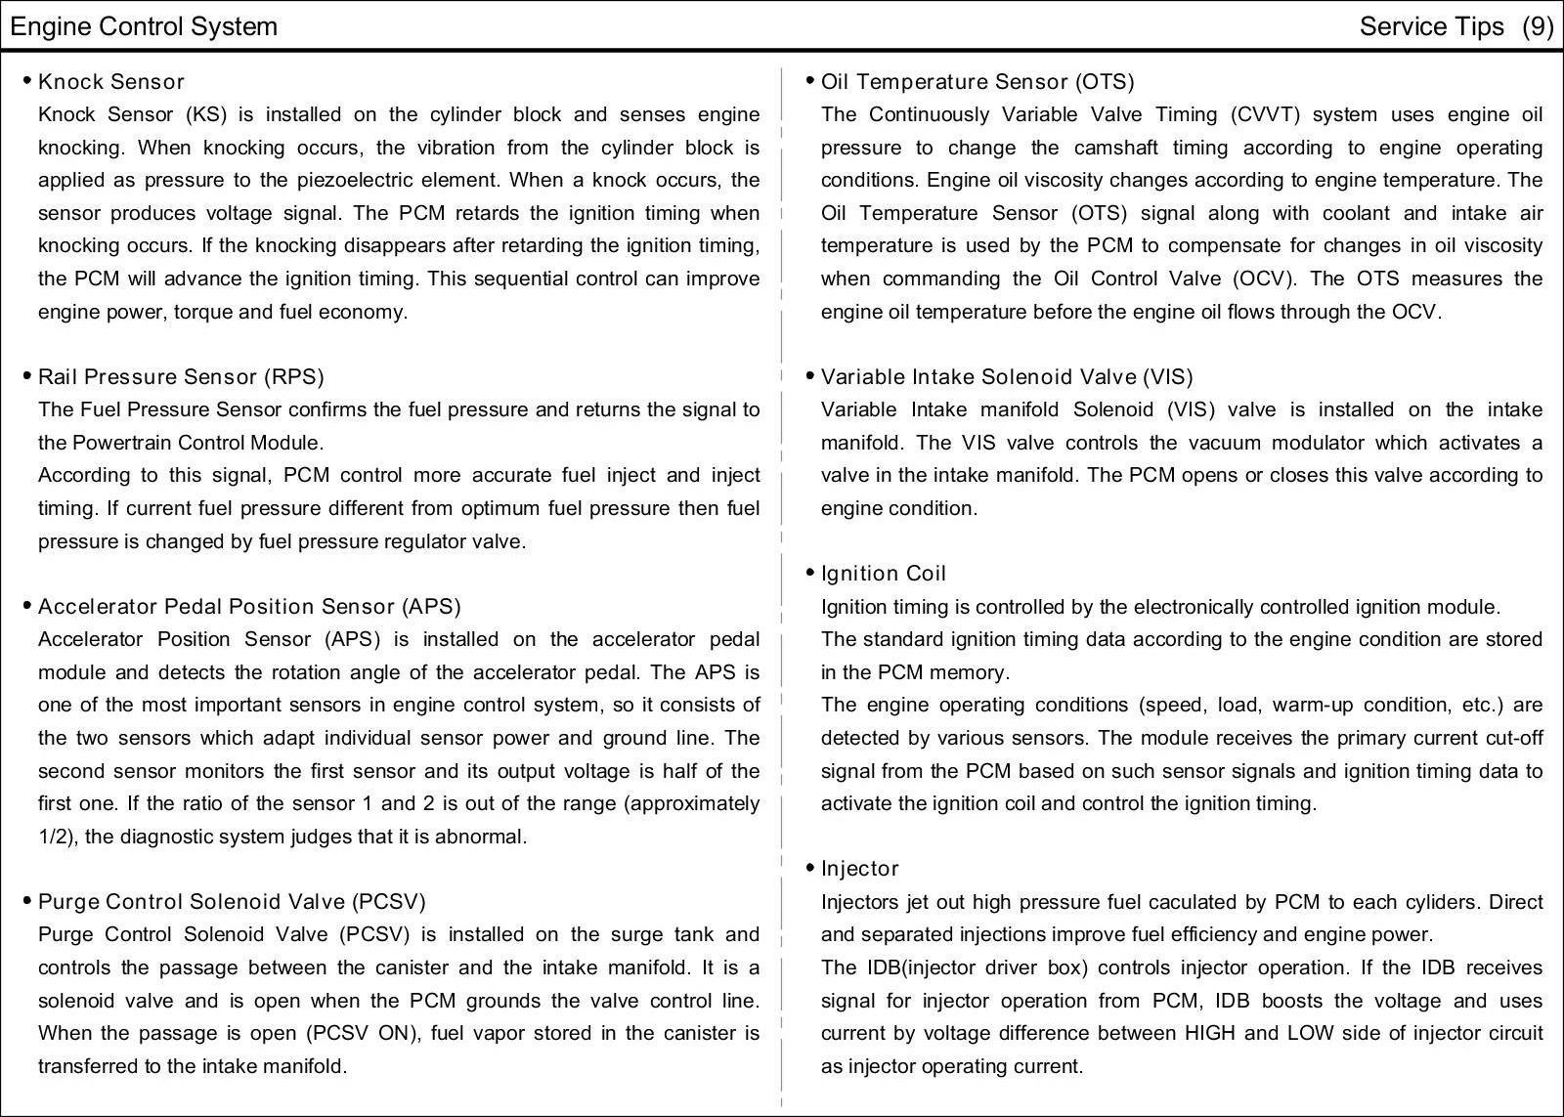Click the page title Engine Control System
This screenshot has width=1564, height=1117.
pyautogui.click(x=144, y=26)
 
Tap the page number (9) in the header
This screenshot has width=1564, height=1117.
pyautogui.click(x=1537, y=26)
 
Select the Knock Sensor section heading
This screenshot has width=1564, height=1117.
pyautogui.click(x=110, y=82)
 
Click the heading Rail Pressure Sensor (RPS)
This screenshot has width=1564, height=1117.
pyautogui.click(x=181, y=377)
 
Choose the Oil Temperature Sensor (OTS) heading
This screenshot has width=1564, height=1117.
pyautogui.click(x=977, y=82)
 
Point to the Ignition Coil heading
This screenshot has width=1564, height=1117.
pyautogui.click(x=884, y=574)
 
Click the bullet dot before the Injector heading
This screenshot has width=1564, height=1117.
pyautogui.click(x=810, y=868)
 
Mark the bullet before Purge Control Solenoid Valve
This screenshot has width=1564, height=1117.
pyautogui.click(x=27, y=901)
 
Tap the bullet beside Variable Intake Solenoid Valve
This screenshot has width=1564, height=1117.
pyautogui.click(x=810, y=376)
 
